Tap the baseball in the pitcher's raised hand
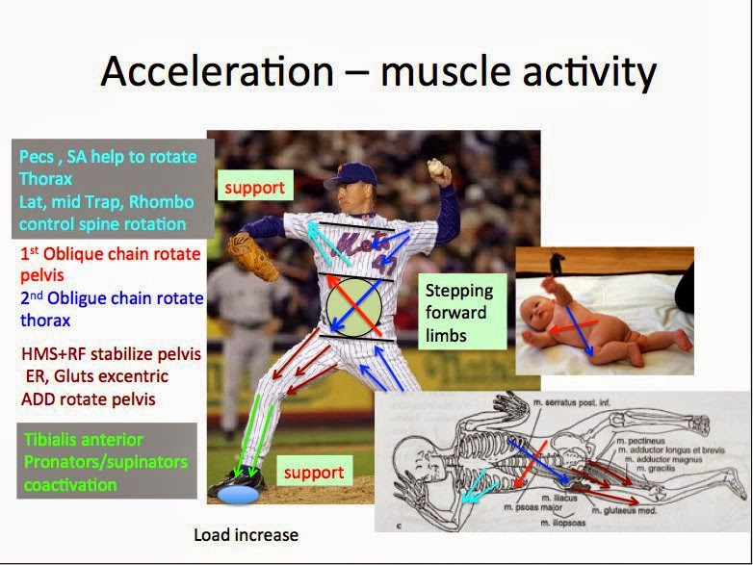(x=438, y=169)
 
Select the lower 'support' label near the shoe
(x=314, y=473)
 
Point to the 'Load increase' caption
(x=246, y=534)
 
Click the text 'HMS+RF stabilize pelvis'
(x=110, y=354)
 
